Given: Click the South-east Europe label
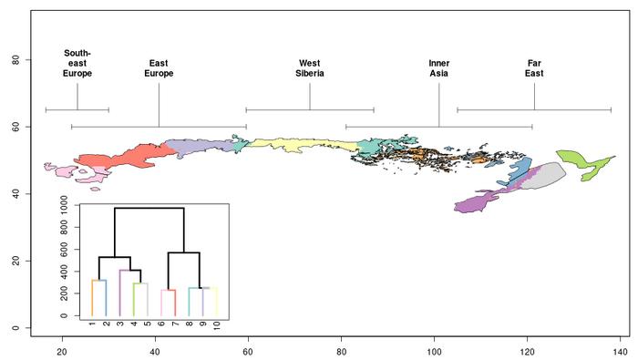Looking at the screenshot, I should [x=77, y=63].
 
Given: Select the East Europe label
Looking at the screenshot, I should [x=159, y=68].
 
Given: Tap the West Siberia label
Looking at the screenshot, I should [x=310, y=68].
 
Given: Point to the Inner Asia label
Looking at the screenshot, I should [x=438, y=68].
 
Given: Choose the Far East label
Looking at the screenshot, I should [x=534, y=68].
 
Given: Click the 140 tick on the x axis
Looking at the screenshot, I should [x=620, y=351].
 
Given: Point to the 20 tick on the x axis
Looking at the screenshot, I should [x=62, y=351].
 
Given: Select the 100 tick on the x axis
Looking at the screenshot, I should [x=434, y=351].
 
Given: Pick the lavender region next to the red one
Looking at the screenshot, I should [x=196, y=149].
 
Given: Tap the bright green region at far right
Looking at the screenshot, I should [x=579, y=164].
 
